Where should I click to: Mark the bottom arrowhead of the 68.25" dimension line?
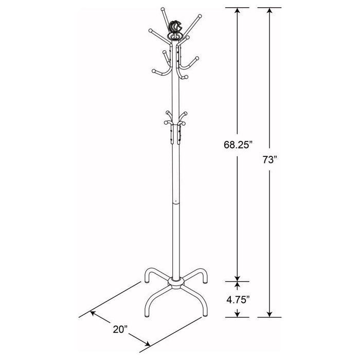click(x=237, y=278)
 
